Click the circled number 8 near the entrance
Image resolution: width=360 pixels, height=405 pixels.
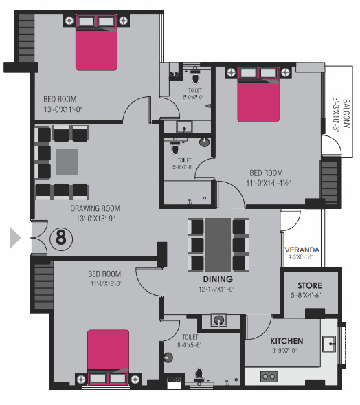click(60, 238)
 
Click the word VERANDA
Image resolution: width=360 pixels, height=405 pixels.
click(300, 251)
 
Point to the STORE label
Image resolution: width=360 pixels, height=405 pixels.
click(308, 285)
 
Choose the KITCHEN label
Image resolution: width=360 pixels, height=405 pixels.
click(286, 341)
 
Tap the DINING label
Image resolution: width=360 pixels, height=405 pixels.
click(217, 279)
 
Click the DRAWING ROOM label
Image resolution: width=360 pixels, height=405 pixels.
click(95, 208)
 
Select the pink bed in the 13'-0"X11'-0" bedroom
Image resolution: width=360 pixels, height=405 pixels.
click(96, 49)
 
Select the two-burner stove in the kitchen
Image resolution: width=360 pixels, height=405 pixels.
click(268, 376)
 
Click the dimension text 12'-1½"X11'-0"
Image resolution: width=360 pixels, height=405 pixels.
click(217, 289)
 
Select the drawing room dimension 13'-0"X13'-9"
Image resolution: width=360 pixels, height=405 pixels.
click(95, 219)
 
